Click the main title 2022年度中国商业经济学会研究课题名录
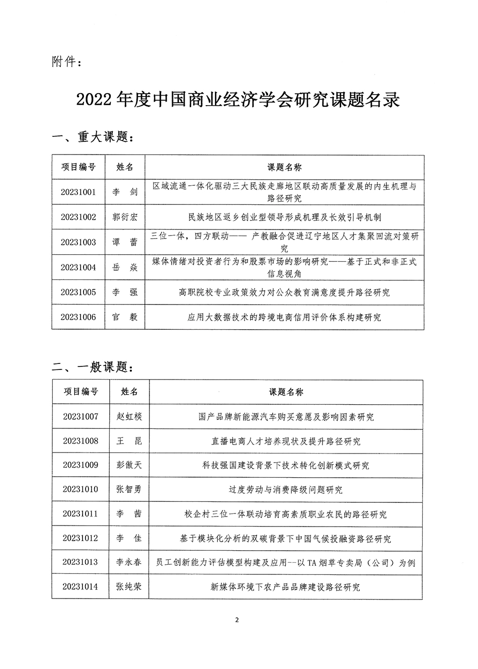tap(238, 100)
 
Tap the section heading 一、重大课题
tap(93, 137)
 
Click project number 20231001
tap(78, 192)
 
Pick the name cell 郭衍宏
tap(125, 217)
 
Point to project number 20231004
tap(78, 267)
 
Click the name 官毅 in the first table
tap(125, 317)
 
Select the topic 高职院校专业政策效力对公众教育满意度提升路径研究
tap(284, 292)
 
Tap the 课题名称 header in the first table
tap(284, 167)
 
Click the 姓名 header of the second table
tap(129, 392)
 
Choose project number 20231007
tap(81, 416)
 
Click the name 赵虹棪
tap(129, 416)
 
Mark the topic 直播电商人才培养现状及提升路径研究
tap(286, 441)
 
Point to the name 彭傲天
tap(129, 465)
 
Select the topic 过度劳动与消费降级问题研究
tap(286, 490)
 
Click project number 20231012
tap(81, 539)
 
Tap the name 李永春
tap(129, 562)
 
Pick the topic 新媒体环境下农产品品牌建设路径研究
tap(286, 587)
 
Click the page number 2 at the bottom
tap(236, 620)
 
